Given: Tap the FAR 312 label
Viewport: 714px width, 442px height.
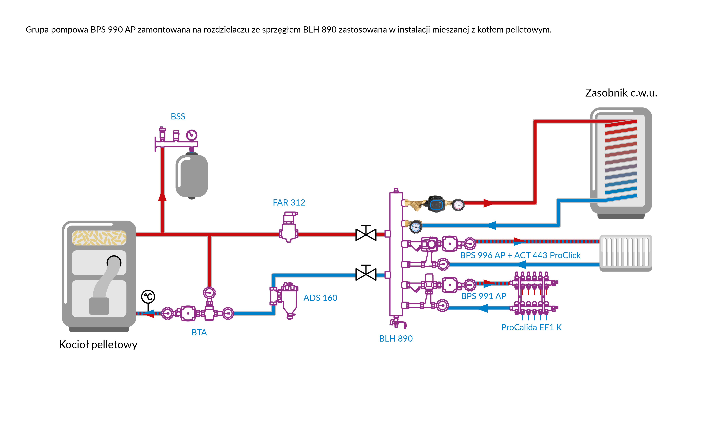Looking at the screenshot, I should point(289,203).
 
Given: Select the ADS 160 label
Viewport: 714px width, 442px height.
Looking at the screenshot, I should point(320,298).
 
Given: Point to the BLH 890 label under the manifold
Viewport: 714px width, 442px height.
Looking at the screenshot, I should point(396,338).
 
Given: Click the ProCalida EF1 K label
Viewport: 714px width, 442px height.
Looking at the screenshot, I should point(531,327).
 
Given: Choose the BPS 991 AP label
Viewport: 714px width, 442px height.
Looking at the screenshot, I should point(483,296).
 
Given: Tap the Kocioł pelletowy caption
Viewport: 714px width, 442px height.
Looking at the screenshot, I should point(98,345).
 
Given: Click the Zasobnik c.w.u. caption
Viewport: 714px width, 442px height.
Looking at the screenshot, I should point(621,93).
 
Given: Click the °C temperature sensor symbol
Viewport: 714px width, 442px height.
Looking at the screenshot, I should point(148,297).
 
